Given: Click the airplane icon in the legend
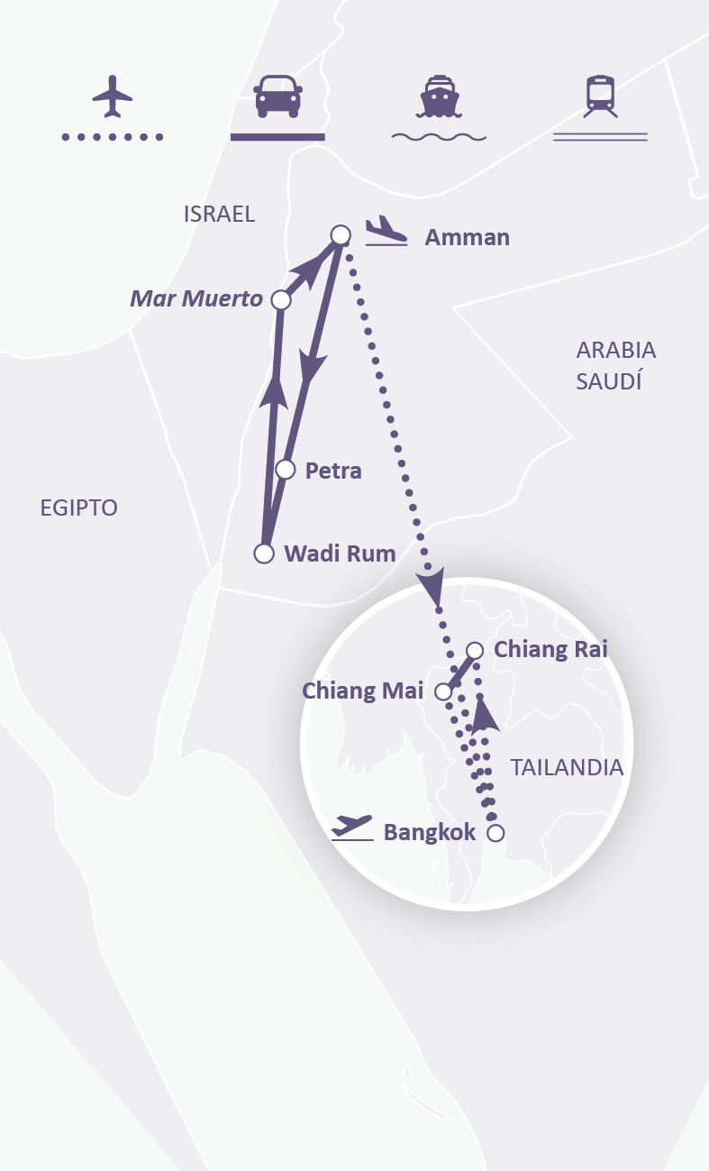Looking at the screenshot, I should (x=113, y=96).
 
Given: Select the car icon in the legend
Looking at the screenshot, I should (x=277, y=96).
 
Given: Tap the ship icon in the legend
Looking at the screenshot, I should (x=439, y=96).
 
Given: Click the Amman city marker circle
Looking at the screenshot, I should (x=340, y=235).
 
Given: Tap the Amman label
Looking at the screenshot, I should (x=467, y=238).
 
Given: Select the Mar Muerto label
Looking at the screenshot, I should (x=196, y=298).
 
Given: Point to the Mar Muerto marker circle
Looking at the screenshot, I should (x=281, y=299).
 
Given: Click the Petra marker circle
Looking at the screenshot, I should (x=286, y=469).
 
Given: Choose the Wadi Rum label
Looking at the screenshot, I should (x=340, y=553).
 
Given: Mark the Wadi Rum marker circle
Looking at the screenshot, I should (x=264, y=553).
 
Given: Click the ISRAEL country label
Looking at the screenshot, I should (x=219, y=214).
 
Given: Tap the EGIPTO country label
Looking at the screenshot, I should (x=79, y=508).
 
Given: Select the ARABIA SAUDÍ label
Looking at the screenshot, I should (x=616, y=365).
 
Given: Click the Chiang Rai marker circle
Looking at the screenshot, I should (x=475, y=650).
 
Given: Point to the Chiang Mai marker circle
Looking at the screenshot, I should (x=443, y=691).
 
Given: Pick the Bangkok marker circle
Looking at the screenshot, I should (x=495, y=833).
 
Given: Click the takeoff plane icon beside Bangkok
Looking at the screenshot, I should (x=351, y=827).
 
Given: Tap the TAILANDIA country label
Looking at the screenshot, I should (x=567, y=767).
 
